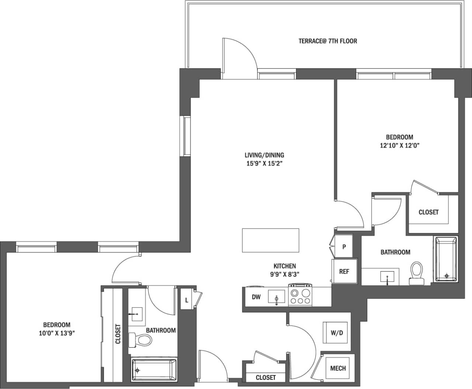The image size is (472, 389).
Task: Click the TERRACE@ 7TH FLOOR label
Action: tap(327, 41)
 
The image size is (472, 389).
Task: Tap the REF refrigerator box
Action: tap(344, 271)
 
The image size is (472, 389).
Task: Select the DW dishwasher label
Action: tap(256, 297)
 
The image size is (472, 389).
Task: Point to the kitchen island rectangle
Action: tap(270, 240)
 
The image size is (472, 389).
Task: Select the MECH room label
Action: tap(338, 368)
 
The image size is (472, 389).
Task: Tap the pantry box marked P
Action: tap(344, 247)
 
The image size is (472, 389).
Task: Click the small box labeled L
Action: tap(187, 300)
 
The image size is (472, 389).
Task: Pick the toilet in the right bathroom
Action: tap(417, 273)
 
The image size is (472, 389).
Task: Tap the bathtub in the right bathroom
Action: tap(447, 259)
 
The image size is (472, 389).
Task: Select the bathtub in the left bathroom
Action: tap(154, 370)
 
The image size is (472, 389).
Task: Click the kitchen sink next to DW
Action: tap(276, 297)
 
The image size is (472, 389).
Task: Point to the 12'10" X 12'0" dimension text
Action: tap(400, 145)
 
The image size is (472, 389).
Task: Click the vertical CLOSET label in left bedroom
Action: tap(118, 334)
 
